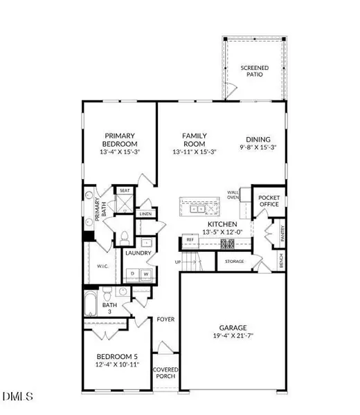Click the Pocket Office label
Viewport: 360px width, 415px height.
coord(269,201)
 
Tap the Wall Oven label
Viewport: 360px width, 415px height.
coord(233,197)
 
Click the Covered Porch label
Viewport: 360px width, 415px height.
coord(165,373)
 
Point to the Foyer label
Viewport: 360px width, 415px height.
coord(165,320)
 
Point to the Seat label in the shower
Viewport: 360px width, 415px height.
coord(125,190)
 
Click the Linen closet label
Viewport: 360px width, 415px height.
coord(145,214)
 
